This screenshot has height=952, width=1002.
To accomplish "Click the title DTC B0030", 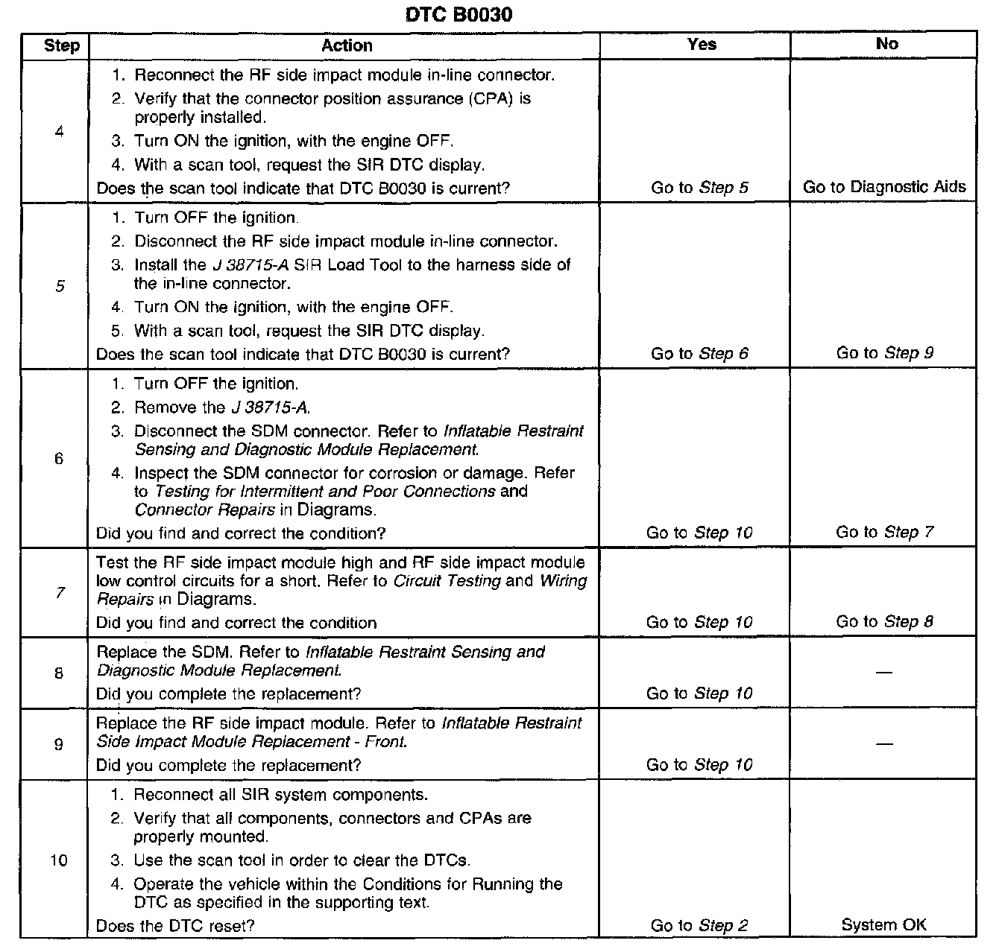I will click(459, 15).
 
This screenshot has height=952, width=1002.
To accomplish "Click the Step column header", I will click(62, 45).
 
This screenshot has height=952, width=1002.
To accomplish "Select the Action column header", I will click(347, 45).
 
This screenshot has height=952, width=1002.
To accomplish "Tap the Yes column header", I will click(702, 44).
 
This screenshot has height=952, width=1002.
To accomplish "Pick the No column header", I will click(886, 44).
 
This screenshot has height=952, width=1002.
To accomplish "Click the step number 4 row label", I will click(59, 132).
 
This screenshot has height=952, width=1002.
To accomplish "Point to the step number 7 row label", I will click(59, 593).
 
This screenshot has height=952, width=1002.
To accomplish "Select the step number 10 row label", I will click(59, 860).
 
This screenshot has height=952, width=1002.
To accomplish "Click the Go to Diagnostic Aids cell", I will click(884, 187).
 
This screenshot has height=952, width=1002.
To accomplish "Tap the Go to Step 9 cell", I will click(884, 353).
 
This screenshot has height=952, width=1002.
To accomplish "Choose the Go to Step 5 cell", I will click(699, 188).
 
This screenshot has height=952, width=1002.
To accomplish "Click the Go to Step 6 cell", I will click(699, 354).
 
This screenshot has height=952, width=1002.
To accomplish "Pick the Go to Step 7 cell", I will click(884, 532).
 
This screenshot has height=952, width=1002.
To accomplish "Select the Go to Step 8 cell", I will click(884, 621).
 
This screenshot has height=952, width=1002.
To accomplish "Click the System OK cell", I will click(884, 925).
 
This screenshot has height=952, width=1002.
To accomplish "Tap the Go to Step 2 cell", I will click(699, 926).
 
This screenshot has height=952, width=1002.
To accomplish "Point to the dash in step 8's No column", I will click(884, 673).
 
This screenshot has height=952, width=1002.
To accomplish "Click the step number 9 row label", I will click(59, 743).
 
